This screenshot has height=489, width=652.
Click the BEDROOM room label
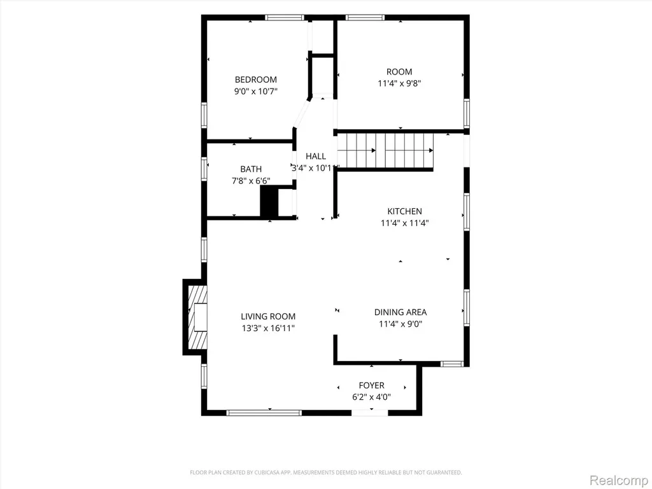pyautogui.click(x=256, y=80)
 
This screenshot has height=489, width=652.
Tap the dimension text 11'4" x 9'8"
pyautogui.click(x=399, y=83)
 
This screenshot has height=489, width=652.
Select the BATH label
pyautogui.click(x=251, y=169)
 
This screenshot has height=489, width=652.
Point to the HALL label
pyautogui.click(x=316, y=156)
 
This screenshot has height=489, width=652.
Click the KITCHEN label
pyautogui.click(x=404, y=211)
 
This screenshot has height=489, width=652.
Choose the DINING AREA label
pyautogui.click(x=400, y=312)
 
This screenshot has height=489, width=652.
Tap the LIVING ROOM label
pyautogui.click(x=268, y=316)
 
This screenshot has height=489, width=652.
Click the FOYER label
pyautogui.click(x=372, y=385)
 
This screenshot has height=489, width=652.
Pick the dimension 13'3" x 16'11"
pyautogui.click(x=268, y=328)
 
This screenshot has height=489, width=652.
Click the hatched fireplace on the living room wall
pyautogui.click(x=197, y=317)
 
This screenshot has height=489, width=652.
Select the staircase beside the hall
pyautogui.click(x=385, y=150)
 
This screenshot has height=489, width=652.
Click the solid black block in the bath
pyautogui.click(x=269, y=201)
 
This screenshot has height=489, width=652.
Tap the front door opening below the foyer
pyautogui.click(x=370, y=413)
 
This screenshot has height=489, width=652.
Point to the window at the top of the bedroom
pyautogui.click(x=285, y=17)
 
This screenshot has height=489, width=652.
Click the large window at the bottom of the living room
pyautogui.click(x=264, y=413)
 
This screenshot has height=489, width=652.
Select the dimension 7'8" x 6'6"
pyautogui.click(x=251, y=181)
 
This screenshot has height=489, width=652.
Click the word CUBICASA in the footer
pyautogui.click(x=270, y=472)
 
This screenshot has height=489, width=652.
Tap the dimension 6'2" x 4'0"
pyautogui.click(x=372, y=397)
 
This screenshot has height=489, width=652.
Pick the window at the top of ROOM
pyautogui.click(x=365, y=17)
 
